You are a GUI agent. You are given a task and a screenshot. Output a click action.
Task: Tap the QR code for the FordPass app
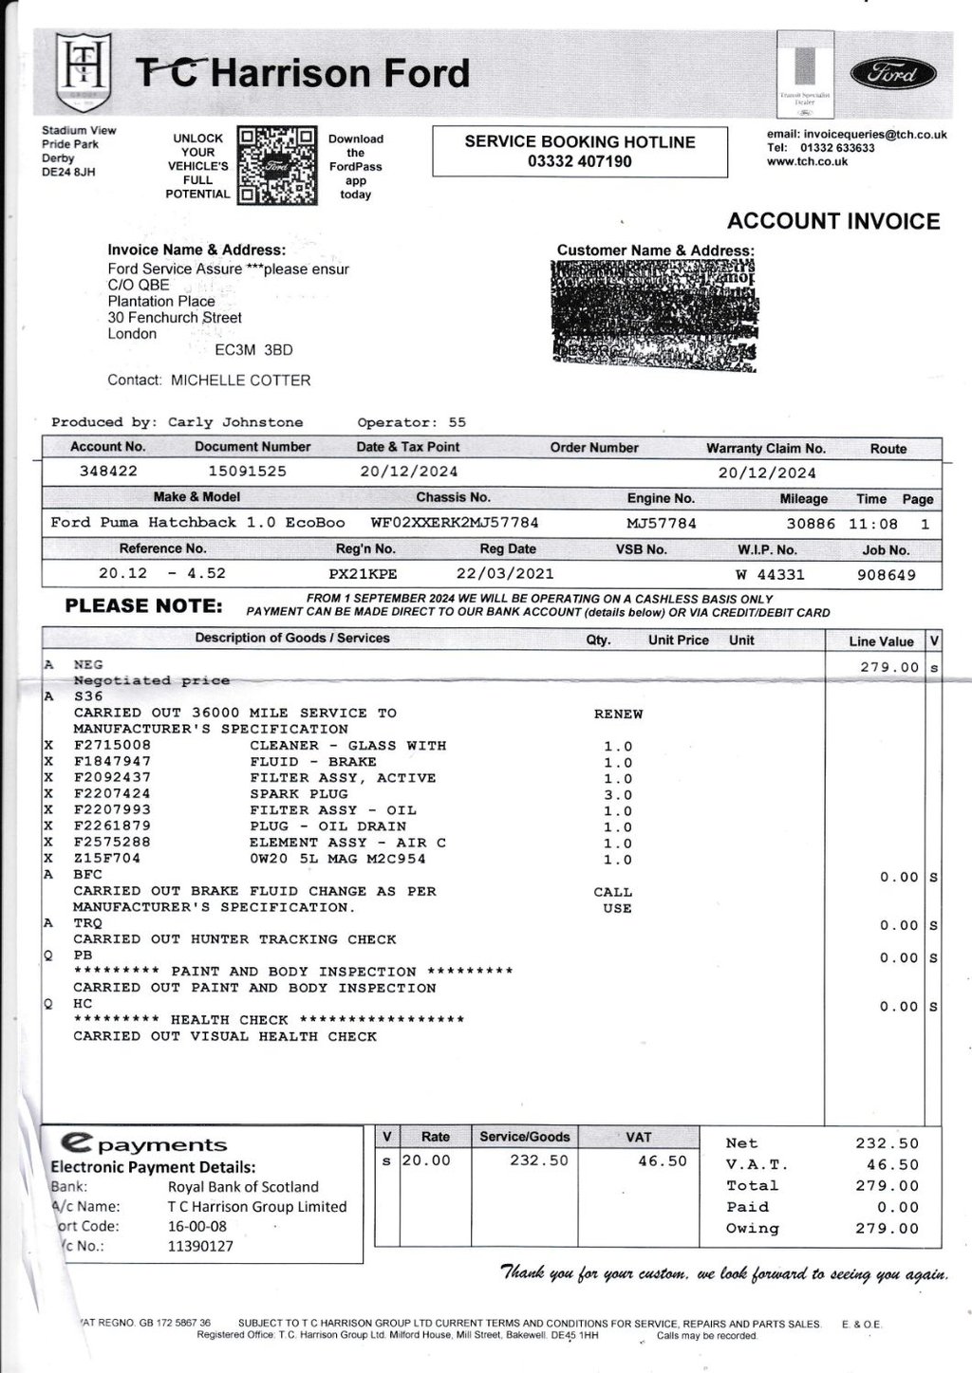point(276,166)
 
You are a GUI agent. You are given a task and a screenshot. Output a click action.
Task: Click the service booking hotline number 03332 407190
point(579,162)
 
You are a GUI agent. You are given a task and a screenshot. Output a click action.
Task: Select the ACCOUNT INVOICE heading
point(832,221)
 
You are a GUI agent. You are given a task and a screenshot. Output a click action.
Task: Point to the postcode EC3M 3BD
point(253,350)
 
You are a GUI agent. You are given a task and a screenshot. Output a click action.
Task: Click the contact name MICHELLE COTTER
point(240,380)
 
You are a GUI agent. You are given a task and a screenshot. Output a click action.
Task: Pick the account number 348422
point(108,472)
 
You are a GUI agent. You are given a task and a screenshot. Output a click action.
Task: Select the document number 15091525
point(247,472)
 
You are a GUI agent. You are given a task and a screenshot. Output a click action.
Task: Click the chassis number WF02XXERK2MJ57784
point(454,523)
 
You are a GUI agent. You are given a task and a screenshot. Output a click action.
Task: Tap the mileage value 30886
point(811,524)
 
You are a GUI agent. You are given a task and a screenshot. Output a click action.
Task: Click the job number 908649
point(886,575)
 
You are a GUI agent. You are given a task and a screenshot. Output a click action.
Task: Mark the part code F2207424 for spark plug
point(112,793)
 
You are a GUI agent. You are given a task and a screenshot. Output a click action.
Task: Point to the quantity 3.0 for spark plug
point(618,795)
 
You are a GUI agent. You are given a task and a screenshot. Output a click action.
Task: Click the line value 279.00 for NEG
point(889,667)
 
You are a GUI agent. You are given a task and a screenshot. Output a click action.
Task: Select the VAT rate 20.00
point(426,1160)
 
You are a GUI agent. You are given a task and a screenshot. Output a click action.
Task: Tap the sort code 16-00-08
point(197,1226)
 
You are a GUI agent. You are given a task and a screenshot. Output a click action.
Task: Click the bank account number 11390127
point(200,1246)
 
